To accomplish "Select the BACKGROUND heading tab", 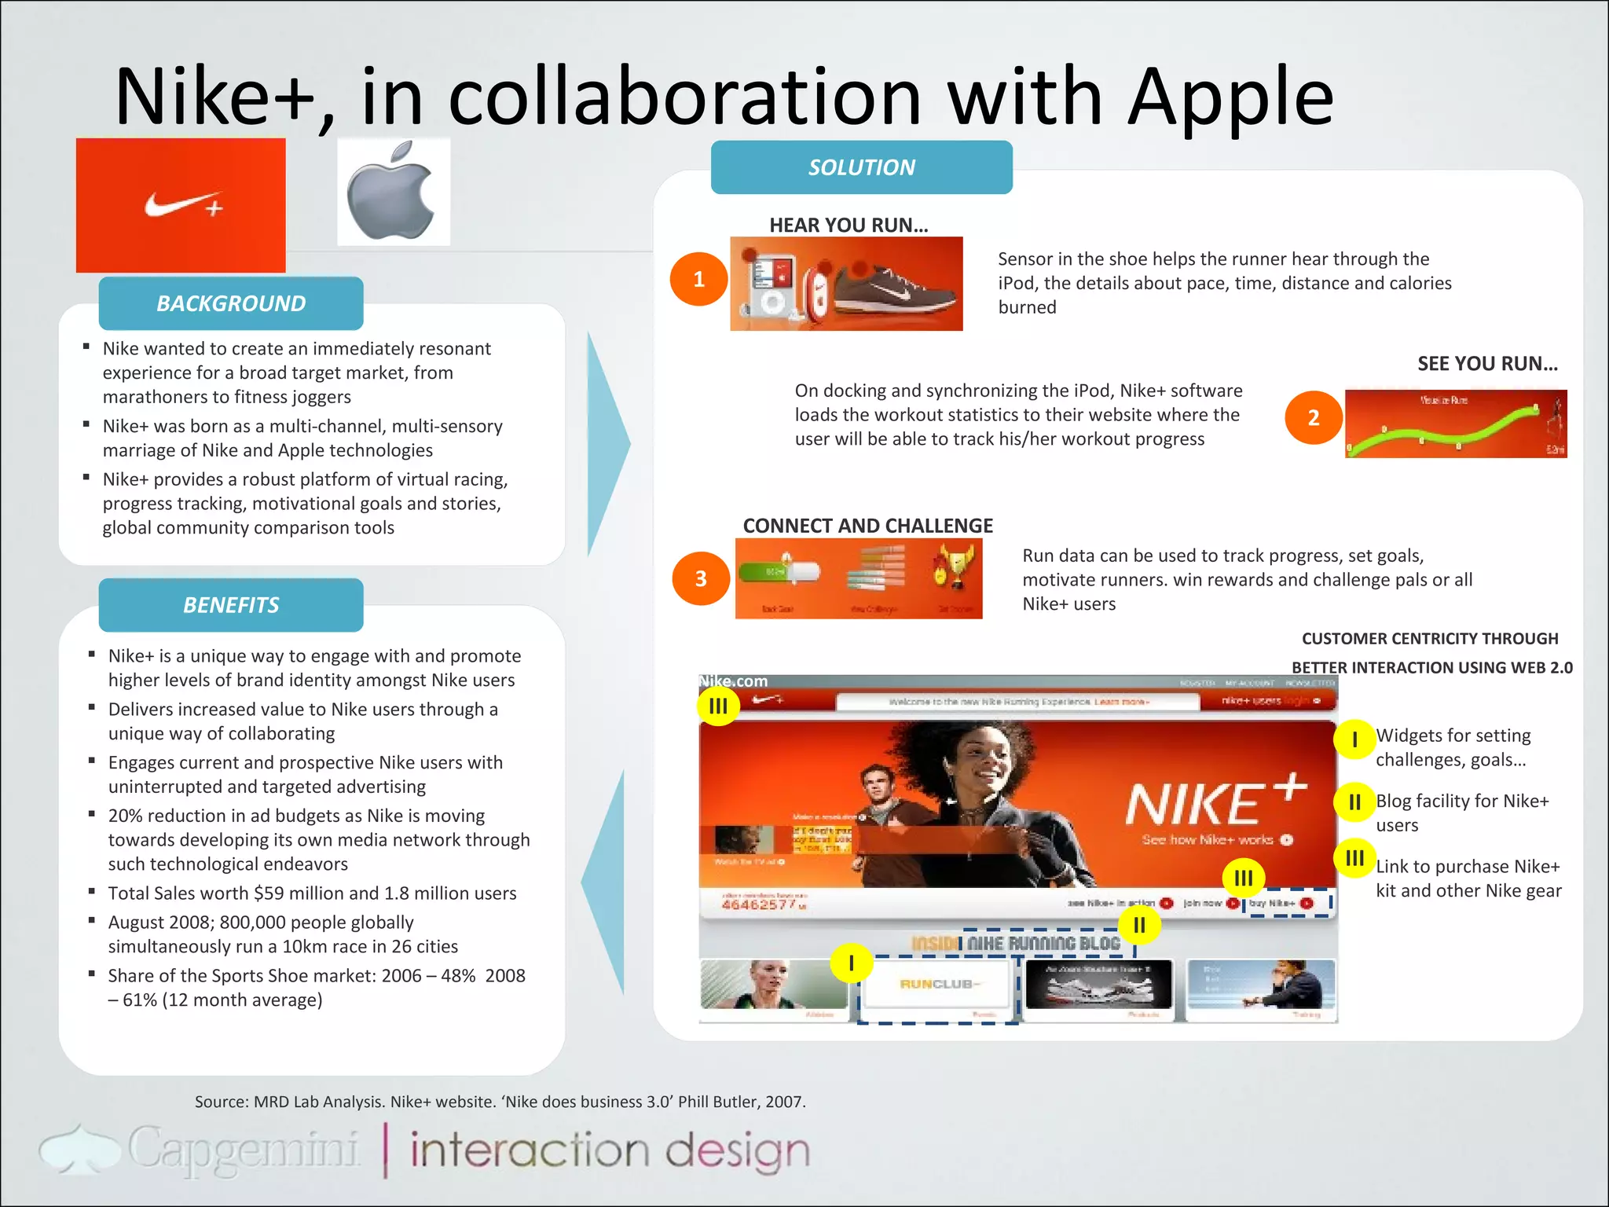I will click(231, 303).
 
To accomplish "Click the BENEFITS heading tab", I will click(231, 605).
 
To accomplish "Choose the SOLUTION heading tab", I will click(861, 167).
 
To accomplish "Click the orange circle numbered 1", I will click(698, 279).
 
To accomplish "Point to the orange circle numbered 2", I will click(1313, 417).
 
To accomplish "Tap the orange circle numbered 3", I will click(701, 578).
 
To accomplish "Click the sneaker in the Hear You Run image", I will click(896, 288).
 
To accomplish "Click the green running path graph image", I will click(1455, 424).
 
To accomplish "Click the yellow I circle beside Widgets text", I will click(1354, 739).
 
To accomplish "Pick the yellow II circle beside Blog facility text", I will click(1354, 802).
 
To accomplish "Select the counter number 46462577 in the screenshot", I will click(759, 905).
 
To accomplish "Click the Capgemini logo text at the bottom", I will click(243, 1150).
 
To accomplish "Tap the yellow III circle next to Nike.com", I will click(718, 706).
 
